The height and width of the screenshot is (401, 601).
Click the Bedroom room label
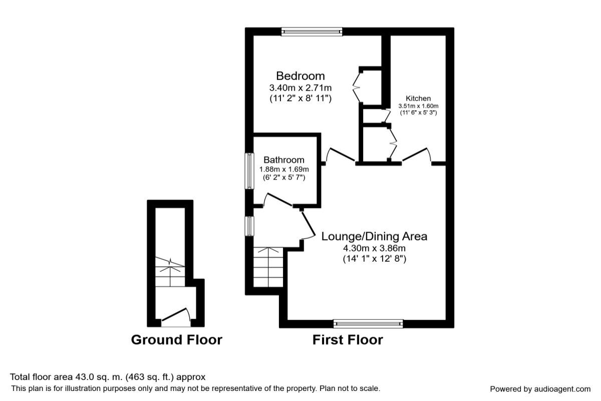[300, 76]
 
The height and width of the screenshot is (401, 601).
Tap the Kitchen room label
[418, 98]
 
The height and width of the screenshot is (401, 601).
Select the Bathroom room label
[284, 160]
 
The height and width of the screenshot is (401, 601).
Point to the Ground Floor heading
[176, 340]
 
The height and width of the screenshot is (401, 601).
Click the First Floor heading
[348, 340]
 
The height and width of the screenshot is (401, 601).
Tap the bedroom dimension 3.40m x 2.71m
[300, 88]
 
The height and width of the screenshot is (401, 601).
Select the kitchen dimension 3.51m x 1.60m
[418, 106]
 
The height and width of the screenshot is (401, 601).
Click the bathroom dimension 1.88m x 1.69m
[284, 169]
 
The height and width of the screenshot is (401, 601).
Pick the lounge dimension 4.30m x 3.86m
[374, 248]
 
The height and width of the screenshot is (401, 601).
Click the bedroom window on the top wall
[312, 32]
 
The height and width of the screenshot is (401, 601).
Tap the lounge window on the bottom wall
[368, 324]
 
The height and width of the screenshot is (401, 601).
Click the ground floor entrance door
[176, 316]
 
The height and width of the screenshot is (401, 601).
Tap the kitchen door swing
[417, 154]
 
